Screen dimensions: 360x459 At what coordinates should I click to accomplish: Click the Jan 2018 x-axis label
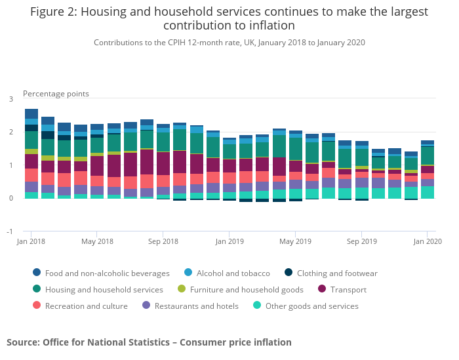(31, 241)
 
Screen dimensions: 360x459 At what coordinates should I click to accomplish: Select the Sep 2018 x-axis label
(163, 241)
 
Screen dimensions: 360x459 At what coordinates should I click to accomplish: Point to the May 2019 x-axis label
(295, 241)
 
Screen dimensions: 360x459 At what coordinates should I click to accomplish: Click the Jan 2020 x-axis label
(427, 241)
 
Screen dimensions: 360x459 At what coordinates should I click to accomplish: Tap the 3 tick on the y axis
(10, 99)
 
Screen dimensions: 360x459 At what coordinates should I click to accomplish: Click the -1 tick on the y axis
(9, 231)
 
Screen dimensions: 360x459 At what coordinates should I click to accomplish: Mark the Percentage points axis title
(56, 94)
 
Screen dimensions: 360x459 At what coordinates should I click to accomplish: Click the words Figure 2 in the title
(52, 12)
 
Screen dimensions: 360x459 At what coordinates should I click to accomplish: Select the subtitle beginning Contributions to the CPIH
(229, 43)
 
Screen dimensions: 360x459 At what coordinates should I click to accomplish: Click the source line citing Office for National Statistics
(149, 342)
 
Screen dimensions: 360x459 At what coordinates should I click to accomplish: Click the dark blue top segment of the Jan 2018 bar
(31, 113)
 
